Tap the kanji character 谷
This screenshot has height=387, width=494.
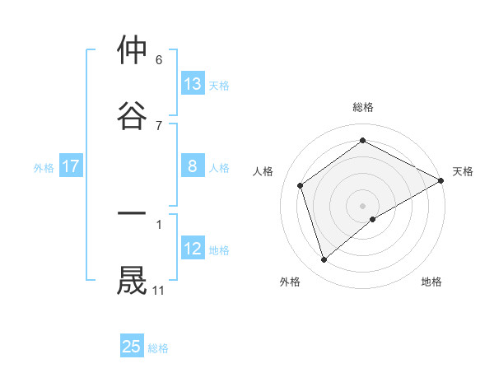coord(133,114)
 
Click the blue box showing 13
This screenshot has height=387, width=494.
coord(193,84)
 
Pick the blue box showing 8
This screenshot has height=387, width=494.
coord(193,166)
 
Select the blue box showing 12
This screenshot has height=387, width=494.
coord(193,249)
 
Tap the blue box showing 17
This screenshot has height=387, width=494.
coord(71,166)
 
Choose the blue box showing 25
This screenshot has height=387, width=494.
coord(132,347)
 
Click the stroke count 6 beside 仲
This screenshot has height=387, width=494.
coord(158,60)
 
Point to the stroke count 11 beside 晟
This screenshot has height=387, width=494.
coord(158,290)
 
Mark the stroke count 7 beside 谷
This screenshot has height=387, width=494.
coord(158,125)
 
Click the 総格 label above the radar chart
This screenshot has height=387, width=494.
coord(363,107)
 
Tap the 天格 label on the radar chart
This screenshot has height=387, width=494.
coord(463,171)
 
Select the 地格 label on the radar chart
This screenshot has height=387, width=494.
coord(431,282)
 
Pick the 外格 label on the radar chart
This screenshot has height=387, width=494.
coord(290,282)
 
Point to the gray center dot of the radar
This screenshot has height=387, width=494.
coord(363,205)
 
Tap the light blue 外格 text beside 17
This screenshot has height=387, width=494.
coord(44,167)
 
